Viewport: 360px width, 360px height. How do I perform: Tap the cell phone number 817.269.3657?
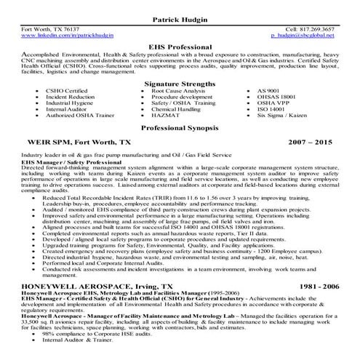(x=318, y=28)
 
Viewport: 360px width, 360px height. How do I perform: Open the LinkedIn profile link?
(x=67, y=34)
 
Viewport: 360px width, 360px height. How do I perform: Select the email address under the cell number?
(x=302, y=34)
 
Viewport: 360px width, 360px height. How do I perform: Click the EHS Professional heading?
(x=180, y=45)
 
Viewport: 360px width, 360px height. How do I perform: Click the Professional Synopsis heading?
(x=180, y=127)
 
